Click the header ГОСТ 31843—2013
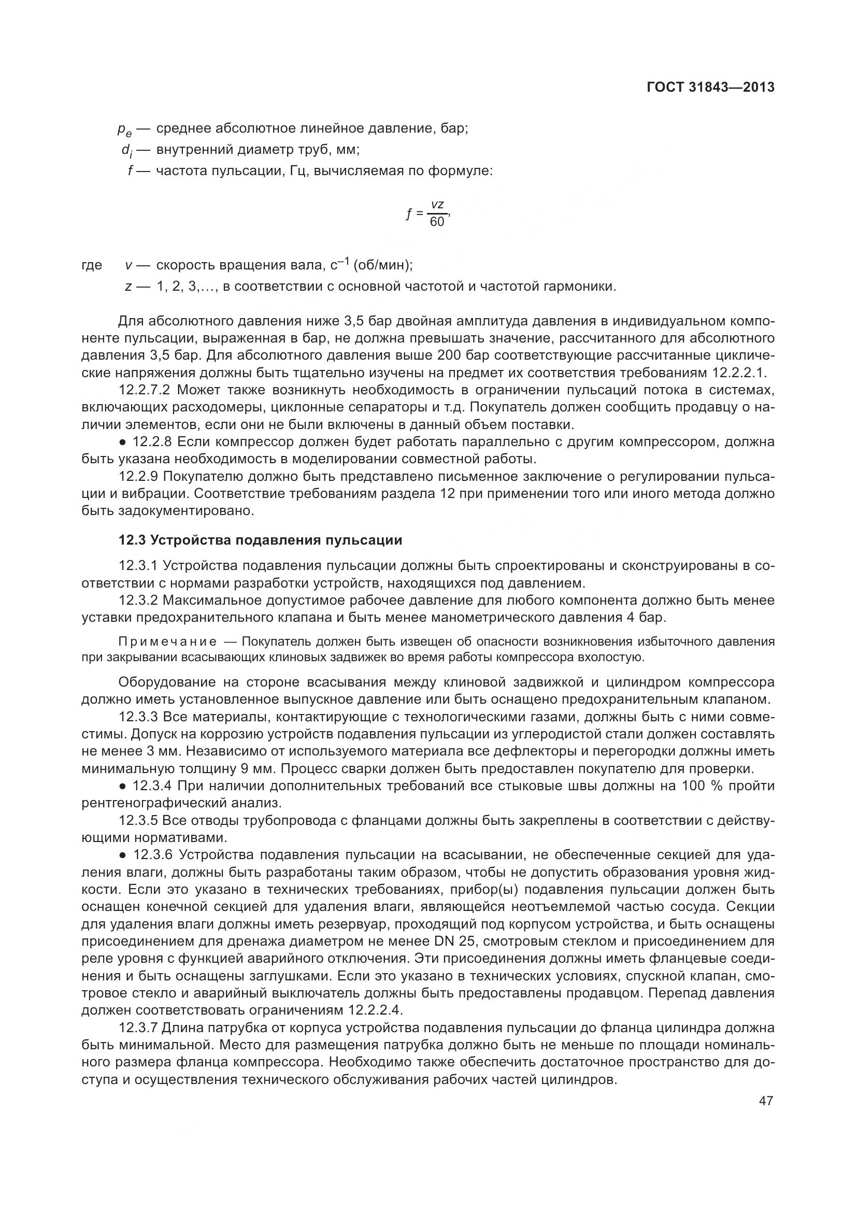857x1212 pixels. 710,87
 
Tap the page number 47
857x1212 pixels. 766,1101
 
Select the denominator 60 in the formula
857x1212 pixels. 437,222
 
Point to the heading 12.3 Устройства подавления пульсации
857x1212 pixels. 260,540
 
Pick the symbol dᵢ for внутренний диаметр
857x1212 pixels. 126,151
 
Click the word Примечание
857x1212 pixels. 167,642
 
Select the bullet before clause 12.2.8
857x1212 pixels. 123,443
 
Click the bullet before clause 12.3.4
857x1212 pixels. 123,787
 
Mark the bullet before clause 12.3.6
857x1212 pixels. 123,855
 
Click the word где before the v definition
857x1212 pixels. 92,265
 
